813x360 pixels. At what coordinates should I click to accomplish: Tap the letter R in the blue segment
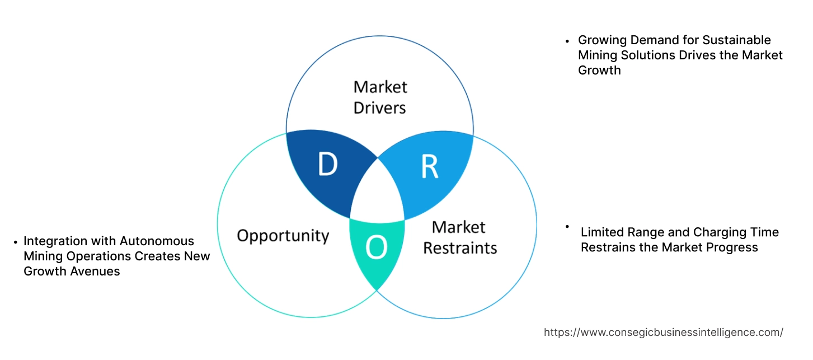[429, 167]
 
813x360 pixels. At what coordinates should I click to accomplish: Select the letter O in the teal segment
[376, 249]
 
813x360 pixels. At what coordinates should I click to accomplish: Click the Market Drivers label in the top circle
[380, 97]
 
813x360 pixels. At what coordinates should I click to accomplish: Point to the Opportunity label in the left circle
[283, 235]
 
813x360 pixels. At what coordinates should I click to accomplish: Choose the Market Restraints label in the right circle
[459, 237]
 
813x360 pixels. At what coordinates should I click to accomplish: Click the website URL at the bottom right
[663, 332]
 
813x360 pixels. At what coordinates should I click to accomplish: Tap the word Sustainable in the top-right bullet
[737, 40]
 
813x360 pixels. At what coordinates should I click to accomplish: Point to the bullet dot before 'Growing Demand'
[567, 41]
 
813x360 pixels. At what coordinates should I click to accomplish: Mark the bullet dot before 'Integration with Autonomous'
[15, 242]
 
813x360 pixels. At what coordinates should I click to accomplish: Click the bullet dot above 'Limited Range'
[567, 226]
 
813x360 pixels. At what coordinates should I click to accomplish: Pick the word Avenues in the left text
[97, 272]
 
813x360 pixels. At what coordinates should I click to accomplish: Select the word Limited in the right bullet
[602, 232]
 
